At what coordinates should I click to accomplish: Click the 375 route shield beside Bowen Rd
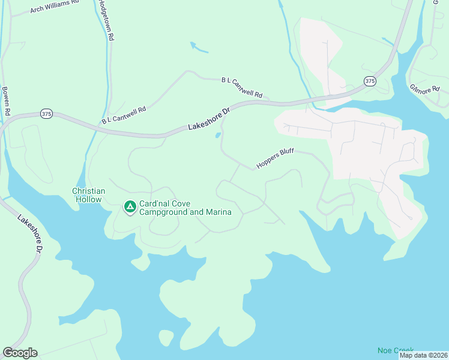tap(47, 113)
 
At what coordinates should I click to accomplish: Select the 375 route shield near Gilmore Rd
tap(370, 81)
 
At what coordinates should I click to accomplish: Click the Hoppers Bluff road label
tap(275, 158)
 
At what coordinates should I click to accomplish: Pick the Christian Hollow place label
tap(89, 195)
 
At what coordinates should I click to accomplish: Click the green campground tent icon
tap(129, 207)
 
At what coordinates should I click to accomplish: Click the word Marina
tap(218, 212)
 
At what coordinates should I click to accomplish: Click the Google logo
tap(20, 353)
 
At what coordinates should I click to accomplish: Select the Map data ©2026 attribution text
tap(423, 355)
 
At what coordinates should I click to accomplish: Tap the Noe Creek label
tap(396, 350)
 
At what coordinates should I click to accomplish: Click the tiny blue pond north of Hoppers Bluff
tap(217, 135)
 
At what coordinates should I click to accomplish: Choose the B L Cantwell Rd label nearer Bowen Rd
tap(124, 115)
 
